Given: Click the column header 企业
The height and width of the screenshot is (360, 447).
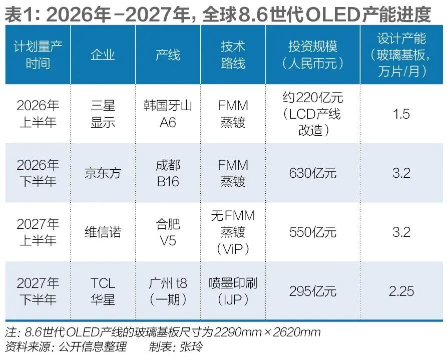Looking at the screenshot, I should pyautogui.click(x=103, y=55).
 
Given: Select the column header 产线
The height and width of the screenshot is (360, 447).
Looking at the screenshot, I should pyautogui.click(x=168, y=55).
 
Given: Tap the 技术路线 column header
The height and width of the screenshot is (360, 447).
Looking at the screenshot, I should pyautogui.click(x=233, y=55).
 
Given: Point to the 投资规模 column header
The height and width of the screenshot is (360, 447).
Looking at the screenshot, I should pyautogui.click(x=312, y=55).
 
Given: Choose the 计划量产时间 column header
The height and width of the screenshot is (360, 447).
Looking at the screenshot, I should pyautogui.click(x=38, y=55).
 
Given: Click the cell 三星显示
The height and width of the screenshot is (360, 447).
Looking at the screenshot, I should pyautogui.click(x=103, y=114).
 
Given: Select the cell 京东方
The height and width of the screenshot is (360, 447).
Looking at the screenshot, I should pyautogui.click(x=103, y=173).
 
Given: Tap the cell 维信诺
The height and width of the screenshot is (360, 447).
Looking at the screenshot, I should pyautogui.click(x=103, y=232).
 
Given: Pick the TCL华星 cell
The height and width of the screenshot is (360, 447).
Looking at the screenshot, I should pyautogui.click(x=103, y=291).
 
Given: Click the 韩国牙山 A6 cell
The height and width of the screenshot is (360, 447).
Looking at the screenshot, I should pyautogui.click(x=168, y=114).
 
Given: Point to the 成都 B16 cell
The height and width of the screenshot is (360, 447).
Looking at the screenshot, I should pyautogui.click(x=168, y=173).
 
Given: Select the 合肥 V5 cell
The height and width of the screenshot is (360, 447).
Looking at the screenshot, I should pyautogui.click(x=168, y=232).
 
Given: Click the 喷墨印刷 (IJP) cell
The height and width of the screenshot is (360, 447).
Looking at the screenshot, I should pyautogui.click(x=233, y=291).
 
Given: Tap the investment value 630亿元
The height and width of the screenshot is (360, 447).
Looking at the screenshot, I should pyautogui.click(x=312, y=173).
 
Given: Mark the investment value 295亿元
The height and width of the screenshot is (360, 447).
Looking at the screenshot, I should pyautogui.click(x=312, y=291).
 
